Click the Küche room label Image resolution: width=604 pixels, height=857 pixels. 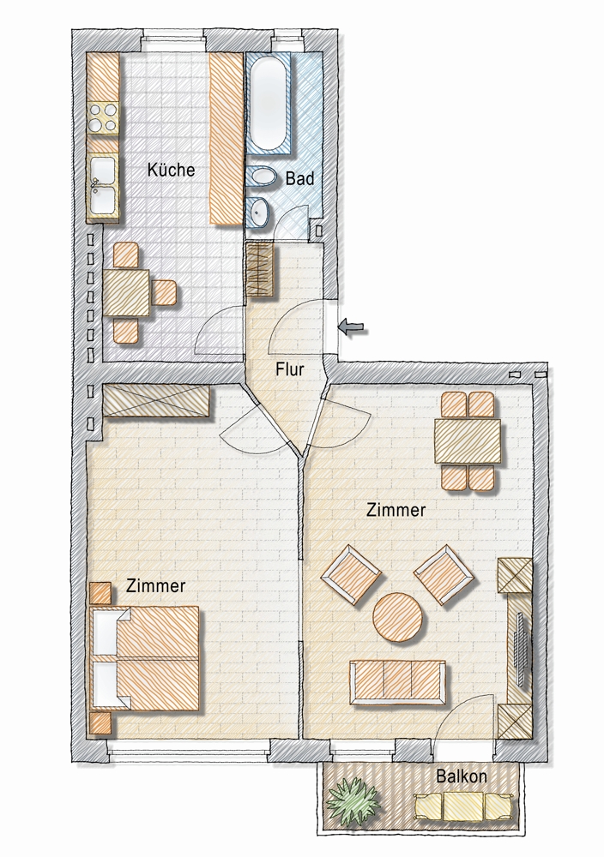[x=171, y=170]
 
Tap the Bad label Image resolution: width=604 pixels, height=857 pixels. [x=299, y=178]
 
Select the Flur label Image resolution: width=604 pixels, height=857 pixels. [x=289, y=369]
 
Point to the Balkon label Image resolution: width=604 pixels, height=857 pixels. [x=462, y=776]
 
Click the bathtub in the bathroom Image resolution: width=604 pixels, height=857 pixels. [x=268, y=102]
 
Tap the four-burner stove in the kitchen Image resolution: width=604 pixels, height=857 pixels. [x=103, y=117]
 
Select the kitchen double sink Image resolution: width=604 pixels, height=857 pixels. [x=102, y=186]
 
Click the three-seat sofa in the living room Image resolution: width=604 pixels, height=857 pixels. [x=397, y=681]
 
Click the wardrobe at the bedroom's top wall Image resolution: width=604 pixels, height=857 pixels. [x=156, y=402]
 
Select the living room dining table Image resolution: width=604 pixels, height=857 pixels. [x=468, y=440]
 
